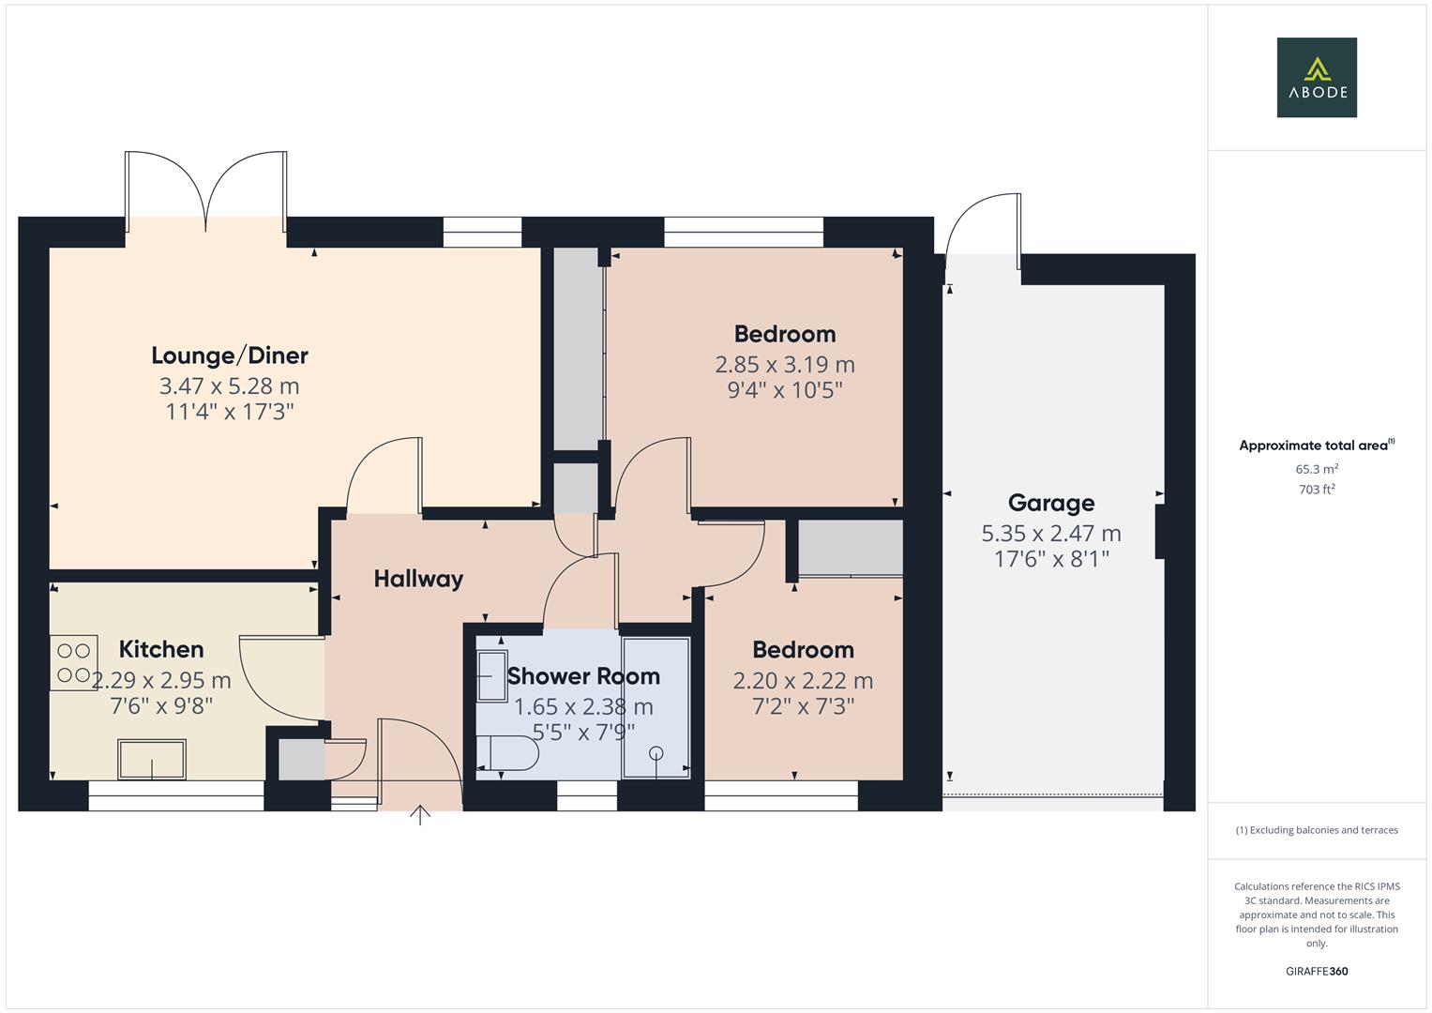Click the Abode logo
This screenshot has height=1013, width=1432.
[1316, 77]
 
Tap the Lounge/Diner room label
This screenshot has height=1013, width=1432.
[230, 355]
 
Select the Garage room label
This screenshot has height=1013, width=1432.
[1051, 503]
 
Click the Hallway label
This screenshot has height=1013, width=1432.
[418, 579]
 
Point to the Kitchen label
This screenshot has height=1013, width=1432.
[161, 649]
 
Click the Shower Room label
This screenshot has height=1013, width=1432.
[583, 676]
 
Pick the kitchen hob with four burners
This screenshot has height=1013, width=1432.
[73, 662]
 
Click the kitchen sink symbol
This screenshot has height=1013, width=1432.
[152, 759]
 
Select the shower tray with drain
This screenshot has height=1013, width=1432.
[656, 708]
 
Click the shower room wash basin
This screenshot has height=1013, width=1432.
[490, 675]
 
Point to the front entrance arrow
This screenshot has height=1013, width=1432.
[420, 815]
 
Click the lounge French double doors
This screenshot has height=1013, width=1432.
[206, 193]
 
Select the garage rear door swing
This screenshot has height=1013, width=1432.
[983, 225]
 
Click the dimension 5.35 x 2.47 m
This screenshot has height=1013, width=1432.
[1051, 534]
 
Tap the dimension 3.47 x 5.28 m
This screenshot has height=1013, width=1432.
[230, 386]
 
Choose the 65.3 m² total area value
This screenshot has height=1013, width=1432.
[1317, 469]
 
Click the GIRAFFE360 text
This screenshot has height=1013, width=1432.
[1317, 971]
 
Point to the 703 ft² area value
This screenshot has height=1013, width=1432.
[1317, 490]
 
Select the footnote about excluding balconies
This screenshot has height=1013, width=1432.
[1317, 830]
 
